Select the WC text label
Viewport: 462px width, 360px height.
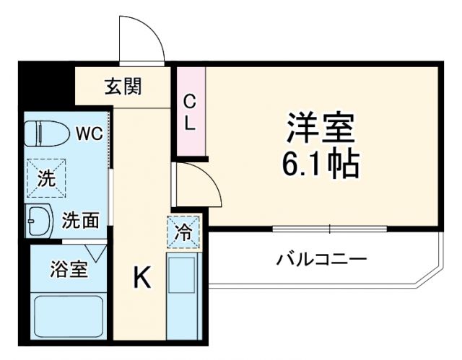tap(90, 133)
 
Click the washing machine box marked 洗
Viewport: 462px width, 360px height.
tap(45, 177)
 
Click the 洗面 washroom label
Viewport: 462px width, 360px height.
tap(79, 220)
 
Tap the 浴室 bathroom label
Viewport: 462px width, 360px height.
tap(69, 270)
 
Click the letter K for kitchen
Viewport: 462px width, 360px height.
tap(141, 278)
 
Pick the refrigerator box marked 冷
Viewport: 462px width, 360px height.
tap(183, 232)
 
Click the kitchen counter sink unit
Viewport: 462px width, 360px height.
tap(183, 292)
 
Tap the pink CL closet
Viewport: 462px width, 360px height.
tap(190, 111)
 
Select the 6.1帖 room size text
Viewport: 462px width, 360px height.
tap(321, 166)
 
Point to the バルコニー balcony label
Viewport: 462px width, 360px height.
tap(322, 258)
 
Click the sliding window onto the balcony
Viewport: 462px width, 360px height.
tap(329, 228)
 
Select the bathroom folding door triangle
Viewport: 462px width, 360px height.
tap(100, 253)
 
